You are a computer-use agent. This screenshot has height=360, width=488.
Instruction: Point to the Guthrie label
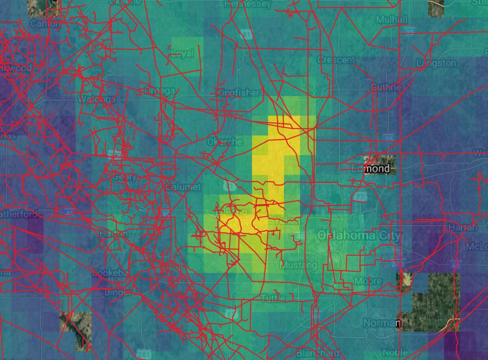point(386,87)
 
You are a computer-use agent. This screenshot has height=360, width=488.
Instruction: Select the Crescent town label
point(336,60)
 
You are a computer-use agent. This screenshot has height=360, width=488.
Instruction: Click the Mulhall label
point(392,20)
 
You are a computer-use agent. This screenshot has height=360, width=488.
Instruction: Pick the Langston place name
point(436,63)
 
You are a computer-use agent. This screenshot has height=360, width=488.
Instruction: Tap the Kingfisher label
point(238,93)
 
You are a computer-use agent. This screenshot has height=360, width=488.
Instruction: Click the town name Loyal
point(183,54)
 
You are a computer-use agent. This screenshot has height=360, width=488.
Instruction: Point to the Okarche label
point(224,142)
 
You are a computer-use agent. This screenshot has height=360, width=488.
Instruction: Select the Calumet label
point(183,187)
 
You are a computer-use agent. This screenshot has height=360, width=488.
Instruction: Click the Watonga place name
point(96,99)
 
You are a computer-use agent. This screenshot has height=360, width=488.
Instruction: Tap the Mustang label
point(298,266)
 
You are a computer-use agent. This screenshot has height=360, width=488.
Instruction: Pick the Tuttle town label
point(273,298)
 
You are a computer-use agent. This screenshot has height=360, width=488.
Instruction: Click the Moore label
point(368,281)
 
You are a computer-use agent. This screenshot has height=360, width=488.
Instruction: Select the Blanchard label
point(318,353)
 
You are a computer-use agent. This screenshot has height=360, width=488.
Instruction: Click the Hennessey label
point(247,4)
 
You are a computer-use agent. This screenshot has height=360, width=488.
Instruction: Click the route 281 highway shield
point(144,352)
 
